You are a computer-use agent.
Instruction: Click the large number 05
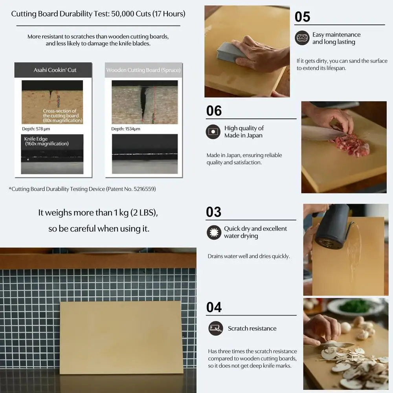click(x=303, y=17)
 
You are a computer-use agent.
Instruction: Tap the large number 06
click(x=214, y=111)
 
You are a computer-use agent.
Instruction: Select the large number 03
click(x=214, y=212)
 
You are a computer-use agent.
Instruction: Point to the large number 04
click(x=214, y=307)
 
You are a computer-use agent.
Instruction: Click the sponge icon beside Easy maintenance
click(x=302, y=38)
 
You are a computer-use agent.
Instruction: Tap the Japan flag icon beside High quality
click(x=213, y=132)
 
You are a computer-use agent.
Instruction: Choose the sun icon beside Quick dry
click(x=214, y=232)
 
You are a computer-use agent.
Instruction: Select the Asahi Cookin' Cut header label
click(x=55, y=70)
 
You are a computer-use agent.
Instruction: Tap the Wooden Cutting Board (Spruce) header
click(x=143, y=70)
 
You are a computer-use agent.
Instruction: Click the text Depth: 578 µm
click(x=36, y=129)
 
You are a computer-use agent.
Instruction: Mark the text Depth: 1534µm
click(x=126, y=129)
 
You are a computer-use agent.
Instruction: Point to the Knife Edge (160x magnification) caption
click(x=46, y=141)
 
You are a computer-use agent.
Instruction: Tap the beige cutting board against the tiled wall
click(x=120, y=337)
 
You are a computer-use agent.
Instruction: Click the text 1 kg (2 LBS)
click(x=136, y=213)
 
